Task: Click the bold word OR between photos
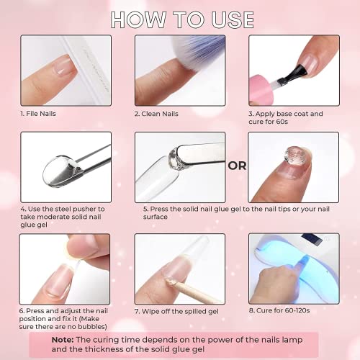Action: [x=236, y=166]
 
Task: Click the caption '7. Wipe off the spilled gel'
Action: [x=177, y=311]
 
